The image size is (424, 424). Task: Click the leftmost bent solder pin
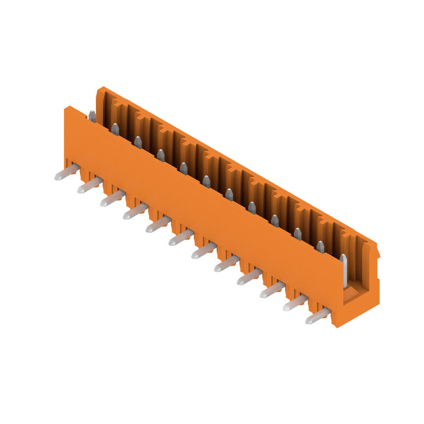point(67,172)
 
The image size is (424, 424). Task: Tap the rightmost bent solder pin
point(317,316)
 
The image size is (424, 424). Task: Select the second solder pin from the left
point(90,185)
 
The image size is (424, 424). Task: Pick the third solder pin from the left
point(112,198)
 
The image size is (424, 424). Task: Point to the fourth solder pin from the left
point(135,211)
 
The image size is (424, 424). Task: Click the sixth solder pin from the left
point(181,237)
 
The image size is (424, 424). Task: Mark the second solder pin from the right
point(295,303)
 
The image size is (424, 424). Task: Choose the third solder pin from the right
point(272,290)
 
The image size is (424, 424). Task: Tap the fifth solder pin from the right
point(226,263)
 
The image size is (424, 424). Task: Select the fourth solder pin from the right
point(249,277)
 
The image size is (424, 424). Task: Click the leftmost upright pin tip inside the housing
point(92,116)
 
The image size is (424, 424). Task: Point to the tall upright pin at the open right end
point(343,270)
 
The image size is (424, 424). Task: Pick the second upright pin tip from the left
point(115,129)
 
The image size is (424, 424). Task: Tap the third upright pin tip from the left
point(138,142)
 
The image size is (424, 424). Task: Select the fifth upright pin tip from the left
point(183,169)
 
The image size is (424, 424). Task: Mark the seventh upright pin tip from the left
point(229,195)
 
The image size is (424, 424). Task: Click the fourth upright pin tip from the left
point(161,155)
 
